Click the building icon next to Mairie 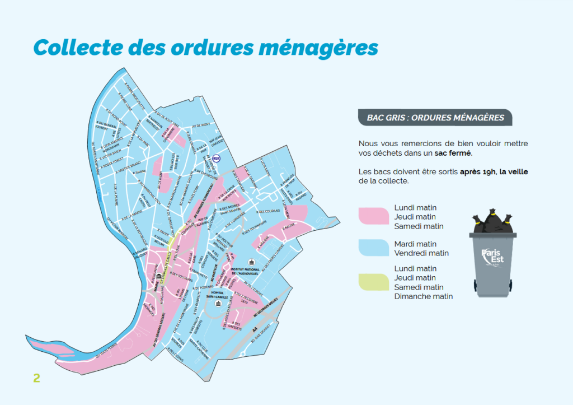[x=159, y=276]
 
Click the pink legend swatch [x=373, y=216]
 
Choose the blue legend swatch [x=373, y=248]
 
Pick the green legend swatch [x=373, y=282]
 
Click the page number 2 [x=37, y=378]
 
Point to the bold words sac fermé [x=453, y=152]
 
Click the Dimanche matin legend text [x=424, y=296]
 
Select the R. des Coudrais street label [x=269, y=211]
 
